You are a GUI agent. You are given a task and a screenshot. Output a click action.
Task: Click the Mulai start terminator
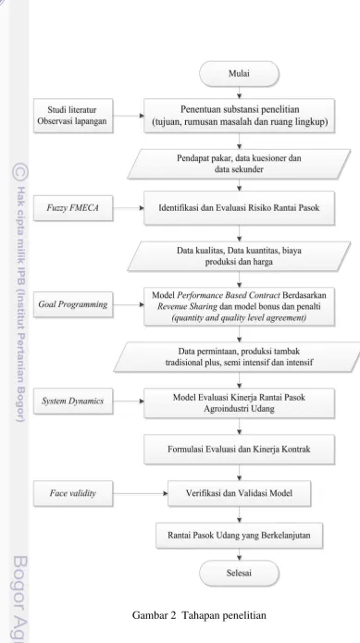(239, 74)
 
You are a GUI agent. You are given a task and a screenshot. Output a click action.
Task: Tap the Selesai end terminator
(239, 573)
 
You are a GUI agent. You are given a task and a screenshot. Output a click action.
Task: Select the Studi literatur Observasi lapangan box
(73, 116)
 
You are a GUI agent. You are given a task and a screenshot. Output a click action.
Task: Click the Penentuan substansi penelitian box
(239, 116)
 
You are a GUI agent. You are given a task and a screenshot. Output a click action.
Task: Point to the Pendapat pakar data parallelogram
(239, 164)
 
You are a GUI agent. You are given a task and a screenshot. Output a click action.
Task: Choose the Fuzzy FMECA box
(73, 208)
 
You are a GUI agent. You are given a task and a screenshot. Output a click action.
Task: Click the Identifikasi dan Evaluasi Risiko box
(239, 208)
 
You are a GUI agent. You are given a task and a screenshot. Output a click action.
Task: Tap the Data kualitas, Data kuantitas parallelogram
(239, 256)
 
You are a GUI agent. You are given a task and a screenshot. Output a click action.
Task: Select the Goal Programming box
(73, 304)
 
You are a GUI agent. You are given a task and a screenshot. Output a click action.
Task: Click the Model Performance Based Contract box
(239, 306)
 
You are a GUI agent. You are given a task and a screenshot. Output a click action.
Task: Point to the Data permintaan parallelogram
(239, 357)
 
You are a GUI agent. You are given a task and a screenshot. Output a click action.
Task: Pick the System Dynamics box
(73, 401)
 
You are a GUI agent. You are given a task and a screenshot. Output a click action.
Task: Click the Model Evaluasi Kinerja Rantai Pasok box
(239, 403)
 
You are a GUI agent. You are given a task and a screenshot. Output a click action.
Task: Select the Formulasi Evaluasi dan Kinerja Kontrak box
(239, 450)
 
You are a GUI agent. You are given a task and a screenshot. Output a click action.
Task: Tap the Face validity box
(73, 493)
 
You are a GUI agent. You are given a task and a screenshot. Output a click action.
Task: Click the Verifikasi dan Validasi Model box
(239, 493)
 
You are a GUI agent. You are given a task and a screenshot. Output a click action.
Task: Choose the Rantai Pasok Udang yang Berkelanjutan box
(239, 536)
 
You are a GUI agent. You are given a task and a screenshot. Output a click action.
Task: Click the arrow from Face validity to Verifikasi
(141, 493)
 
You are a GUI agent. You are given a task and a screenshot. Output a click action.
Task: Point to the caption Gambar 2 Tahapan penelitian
(199, 615)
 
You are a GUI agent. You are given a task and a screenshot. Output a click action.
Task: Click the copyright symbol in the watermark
(20, 172)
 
